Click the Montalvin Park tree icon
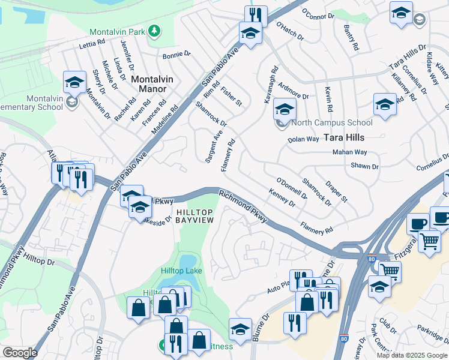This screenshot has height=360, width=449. click(x=155, y=30)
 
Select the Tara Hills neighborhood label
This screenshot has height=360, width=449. click(x=344, y=137)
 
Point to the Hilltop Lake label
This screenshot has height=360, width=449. click(x=181, y=271)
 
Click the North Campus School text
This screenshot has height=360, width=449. click(x=331, y=123)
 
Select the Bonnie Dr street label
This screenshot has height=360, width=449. click(x=176, y=55)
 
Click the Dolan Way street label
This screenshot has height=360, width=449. click(x=303, y=139)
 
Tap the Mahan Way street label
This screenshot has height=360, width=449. click(x=350, y=152)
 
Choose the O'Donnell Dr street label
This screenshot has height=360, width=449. click(x=292, y=188)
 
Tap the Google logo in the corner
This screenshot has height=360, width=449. click(x=19, y=353)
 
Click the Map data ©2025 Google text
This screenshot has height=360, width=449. click(x=411, y=355)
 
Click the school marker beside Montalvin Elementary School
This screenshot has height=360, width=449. click(x=74, y=82)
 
